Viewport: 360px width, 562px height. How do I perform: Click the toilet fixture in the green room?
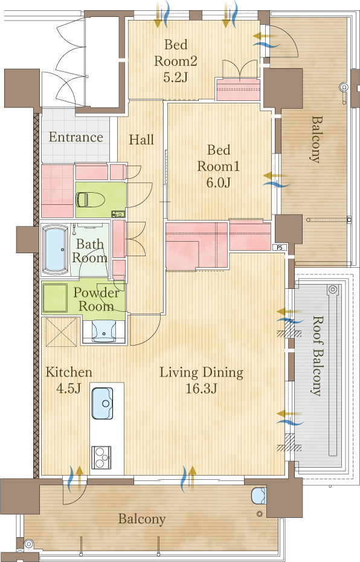90,199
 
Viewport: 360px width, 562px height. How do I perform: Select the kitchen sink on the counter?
103,403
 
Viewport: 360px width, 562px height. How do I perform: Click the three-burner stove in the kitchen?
101,457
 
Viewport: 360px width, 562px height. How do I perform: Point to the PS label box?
280,247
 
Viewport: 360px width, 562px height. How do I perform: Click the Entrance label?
76,137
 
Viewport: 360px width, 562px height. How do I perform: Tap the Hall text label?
141,140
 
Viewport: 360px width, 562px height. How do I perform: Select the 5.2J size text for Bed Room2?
176,77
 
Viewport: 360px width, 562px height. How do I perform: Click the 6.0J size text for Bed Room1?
218,182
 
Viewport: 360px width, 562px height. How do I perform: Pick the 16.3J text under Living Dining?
201,388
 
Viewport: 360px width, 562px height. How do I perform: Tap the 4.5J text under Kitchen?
68,388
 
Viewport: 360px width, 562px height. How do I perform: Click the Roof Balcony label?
316,355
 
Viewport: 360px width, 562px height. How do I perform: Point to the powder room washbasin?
104,332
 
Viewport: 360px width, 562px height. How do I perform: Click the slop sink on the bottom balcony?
259,496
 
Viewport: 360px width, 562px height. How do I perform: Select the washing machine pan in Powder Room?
55,298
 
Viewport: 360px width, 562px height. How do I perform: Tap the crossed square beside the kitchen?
62,332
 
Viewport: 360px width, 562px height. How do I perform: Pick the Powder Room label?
96,300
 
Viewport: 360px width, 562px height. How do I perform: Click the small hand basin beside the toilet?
118,215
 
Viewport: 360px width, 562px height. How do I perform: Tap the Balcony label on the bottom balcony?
142,518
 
